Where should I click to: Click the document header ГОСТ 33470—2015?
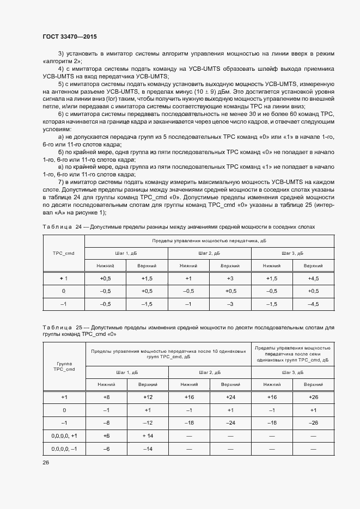70,37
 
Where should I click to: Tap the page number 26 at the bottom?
46,462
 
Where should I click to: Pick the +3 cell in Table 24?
230,279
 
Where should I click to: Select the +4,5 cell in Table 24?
313,279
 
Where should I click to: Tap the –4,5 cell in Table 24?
313,304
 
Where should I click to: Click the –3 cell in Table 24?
230,304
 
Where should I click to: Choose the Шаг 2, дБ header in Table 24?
209,253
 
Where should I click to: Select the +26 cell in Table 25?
313,397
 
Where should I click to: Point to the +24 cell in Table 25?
230,397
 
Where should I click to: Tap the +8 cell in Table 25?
106,397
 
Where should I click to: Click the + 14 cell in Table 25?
147,436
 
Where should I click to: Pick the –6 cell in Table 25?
106,449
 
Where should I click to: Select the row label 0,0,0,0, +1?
64,436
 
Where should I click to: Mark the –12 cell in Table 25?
147,423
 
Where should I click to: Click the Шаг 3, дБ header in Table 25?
292,372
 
